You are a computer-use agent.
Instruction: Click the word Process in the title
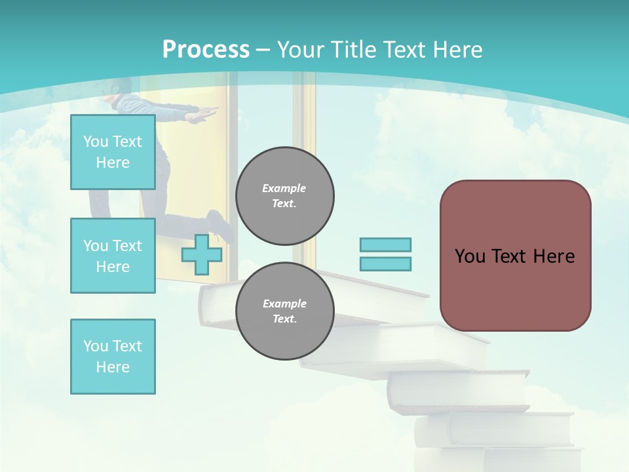[206, 50]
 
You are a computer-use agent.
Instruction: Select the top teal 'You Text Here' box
[113, 152]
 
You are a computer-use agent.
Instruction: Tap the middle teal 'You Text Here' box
[113, 256]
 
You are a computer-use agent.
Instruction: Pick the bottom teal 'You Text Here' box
[113, 356]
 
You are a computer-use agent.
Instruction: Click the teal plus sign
[202, 254]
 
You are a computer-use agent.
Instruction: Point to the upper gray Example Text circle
[285, 195]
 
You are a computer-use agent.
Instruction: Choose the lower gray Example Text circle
[285, 311]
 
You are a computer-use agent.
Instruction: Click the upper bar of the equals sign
[385, 245]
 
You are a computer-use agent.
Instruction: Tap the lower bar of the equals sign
[385, 264]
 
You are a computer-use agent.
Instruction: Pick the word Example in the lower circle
[284, 304]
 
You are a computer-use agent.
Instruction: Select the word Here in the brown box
[554, 256]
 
